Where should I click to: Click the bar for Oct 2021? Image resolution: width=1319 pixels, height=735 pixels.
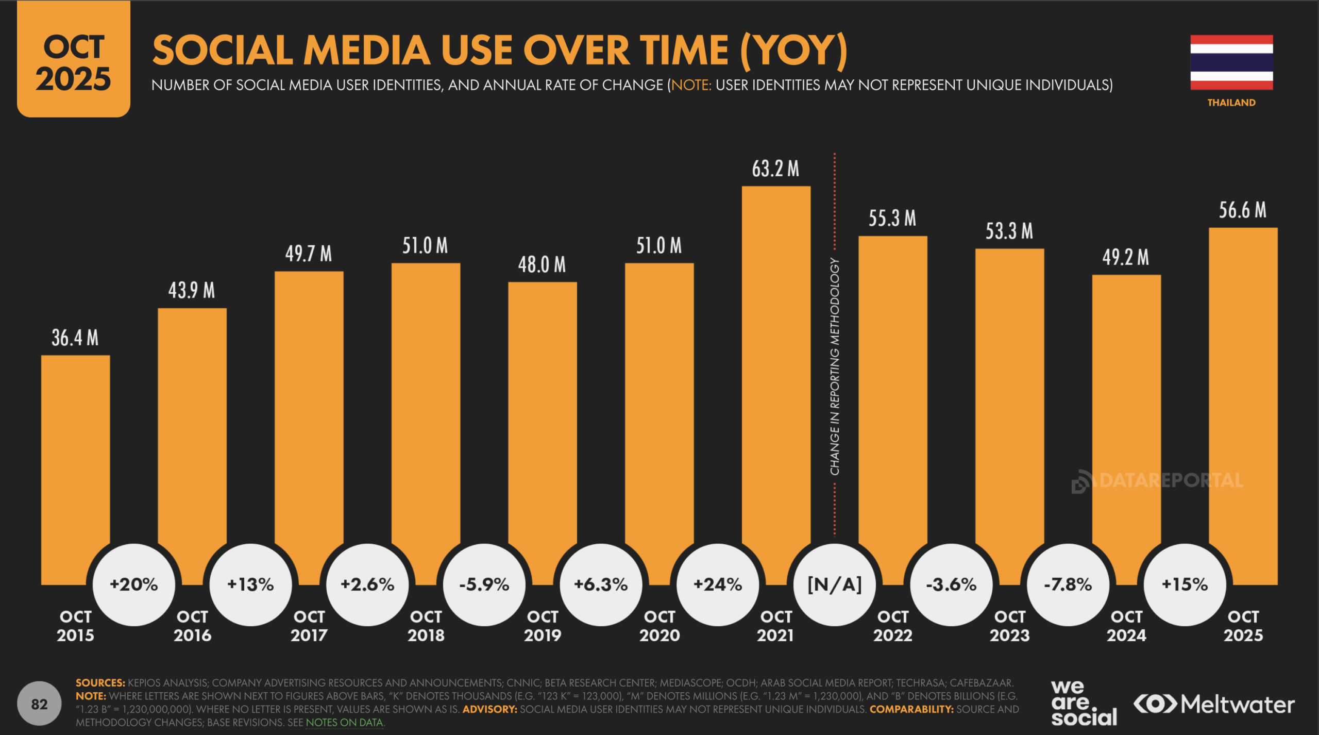click(x=776, y=361)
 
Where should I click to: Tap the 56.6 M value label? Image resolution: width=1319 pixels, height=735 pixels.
click(x=1242, y=210)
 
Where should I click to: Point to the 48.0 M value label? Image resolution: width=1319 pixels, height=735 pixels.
click(x=542, y=265)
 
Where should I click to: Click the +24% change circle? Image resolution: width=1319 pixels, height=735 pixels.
click(x=718, y=584)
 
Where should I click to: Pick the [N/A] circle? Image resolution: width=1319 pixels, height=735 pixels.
click(x=835, y=584)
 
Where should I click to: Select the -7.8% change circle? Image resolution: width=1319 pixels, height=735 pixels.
click(x=1068, y=584)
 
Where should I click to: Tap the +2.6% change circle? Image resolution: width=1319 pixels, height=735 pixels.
click(x=367, y=584)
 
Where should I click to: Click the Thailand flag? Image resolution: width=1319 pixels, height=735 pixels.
click(x=1231, y=62)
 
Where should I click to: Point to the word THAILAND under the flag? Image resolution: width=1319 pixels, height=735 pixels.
click(x=1231, y=103)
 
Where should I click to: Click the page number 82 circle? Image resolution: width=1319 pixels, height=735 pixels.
click(x=39, y=704)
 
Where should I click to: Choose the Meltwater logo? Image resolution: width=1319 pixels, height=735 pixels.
click(x=1214, y=704)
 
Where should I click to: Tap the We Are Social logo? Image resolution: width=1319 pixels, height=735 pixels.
click(x=1084, y=704)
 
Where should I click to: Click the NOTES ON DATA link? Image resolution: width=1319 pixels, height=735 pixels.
click(x=345, y=723)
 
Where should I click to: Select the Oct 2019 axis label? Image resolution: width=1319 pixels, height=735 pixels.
click(x=543, y=626)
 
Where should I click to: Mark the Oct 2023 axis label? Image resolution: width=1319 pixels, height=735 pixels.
click(x=1010, y=626)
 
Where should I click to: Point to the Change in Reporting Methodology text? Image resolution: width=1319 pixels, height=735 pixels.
click(x=835, y=366)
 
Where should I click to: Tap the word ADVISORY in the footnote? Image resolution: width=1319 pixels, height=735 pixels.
click(x=489, y=709)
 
